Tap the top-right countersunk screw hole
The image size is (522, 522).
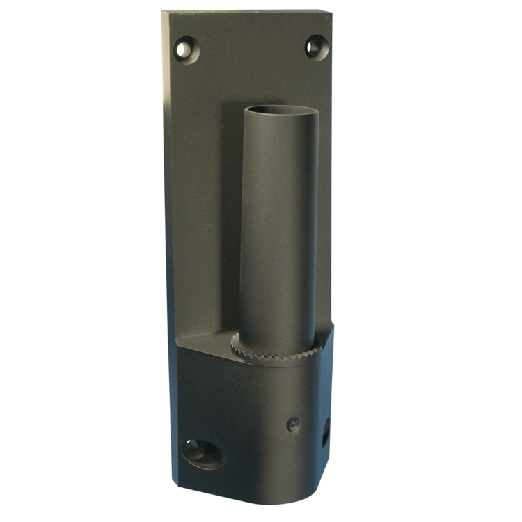click(x=315, y=47)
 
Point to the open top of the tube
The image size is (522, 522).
click(x=280, y=112)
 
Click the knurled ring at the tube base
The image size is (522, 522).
click(x=275, y=348)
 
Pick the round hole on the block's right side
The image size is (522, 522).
click(x=325, y=433)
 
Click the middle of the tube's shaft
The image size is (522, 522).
click(x=278, y=230)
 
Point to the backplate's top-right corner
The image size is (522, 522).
click(x=329, y=10)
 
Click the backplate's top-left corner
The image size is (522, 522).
click(x=164, y=13)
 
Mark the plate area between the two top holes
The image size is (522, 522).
click(x=251, y=49)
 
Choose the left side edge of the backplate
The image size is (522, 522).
click(x=168, y=244)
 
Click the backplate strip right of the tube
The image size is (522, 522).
click(x=324, y=209)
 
